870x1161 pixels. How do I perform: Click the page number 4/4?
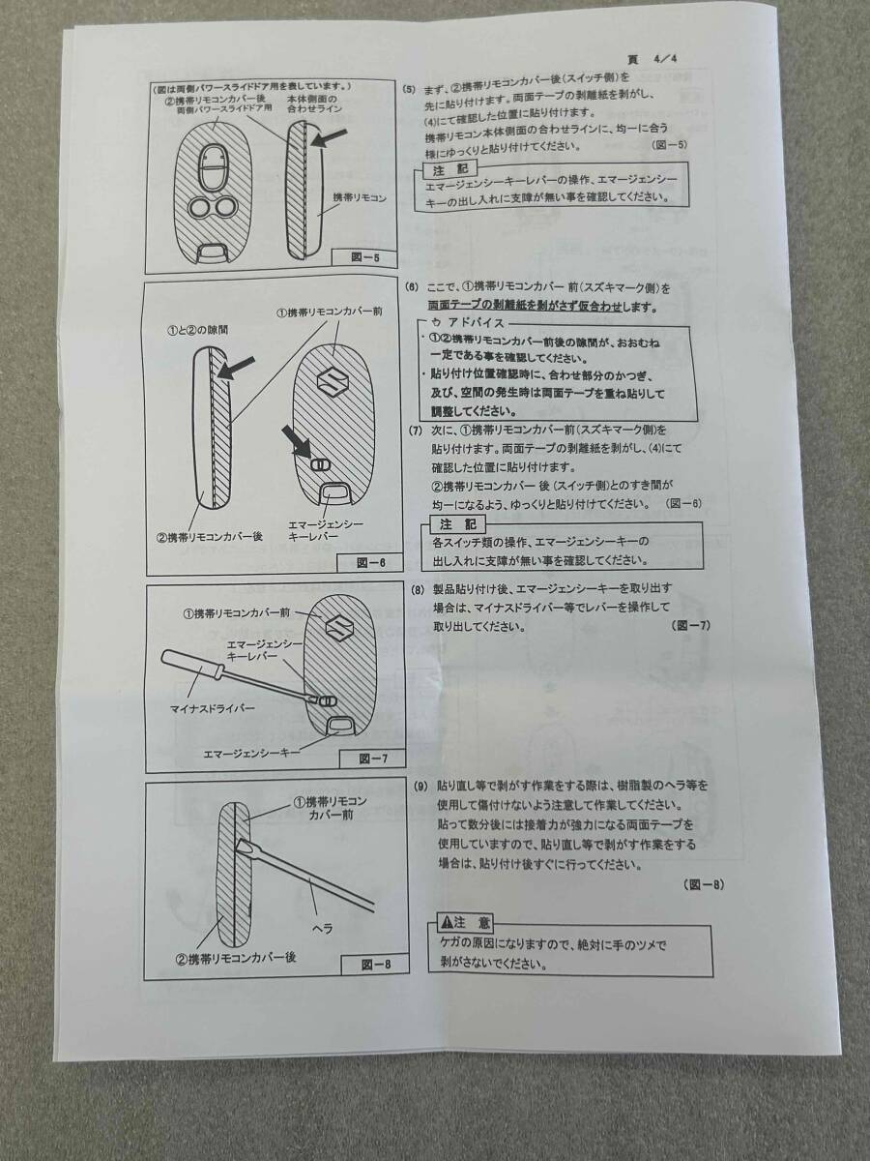point(665,59)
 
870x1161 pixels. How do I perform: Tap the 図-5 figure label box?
point(365,257)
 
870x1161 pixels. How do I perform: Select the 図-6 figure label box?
point(371,563)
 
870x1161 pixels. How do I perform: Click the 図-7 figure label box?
point(373,759)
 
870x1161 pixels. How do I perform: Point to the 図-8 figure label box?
point(376,965)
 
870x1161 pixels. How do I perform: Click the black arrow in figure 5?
point(329,137)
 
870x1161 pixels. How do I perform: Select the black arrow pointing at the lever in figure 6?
point(298,441)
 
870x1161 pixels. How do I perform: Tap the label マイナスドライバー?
point(212,708)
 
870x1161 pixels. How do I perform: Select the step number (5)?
point(410,89)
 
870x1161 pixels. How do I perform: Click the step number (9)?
point(420,786)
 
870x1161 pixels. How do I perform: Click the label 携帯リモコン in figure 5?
point(360,198)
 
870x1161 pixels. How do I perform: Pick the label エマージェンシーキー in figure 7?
point(252,752)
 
